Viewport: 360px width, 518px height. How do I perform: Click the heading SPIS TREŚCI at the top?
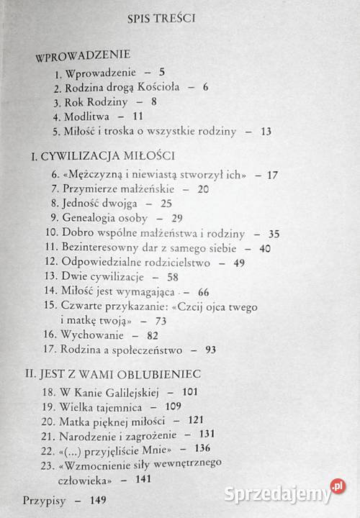[180, 18]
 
